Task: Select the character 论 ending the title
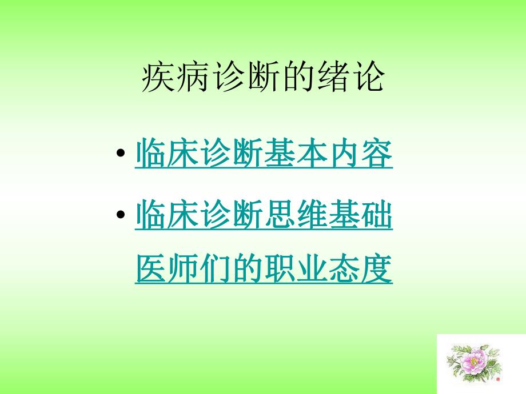366,78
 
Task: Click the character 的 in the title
296,78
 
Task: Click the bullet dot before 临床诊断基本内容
120,154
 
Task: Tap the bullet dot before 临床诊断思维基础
120,215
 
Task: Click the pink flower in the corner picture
474,363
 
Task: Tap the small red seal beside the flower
498,378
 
